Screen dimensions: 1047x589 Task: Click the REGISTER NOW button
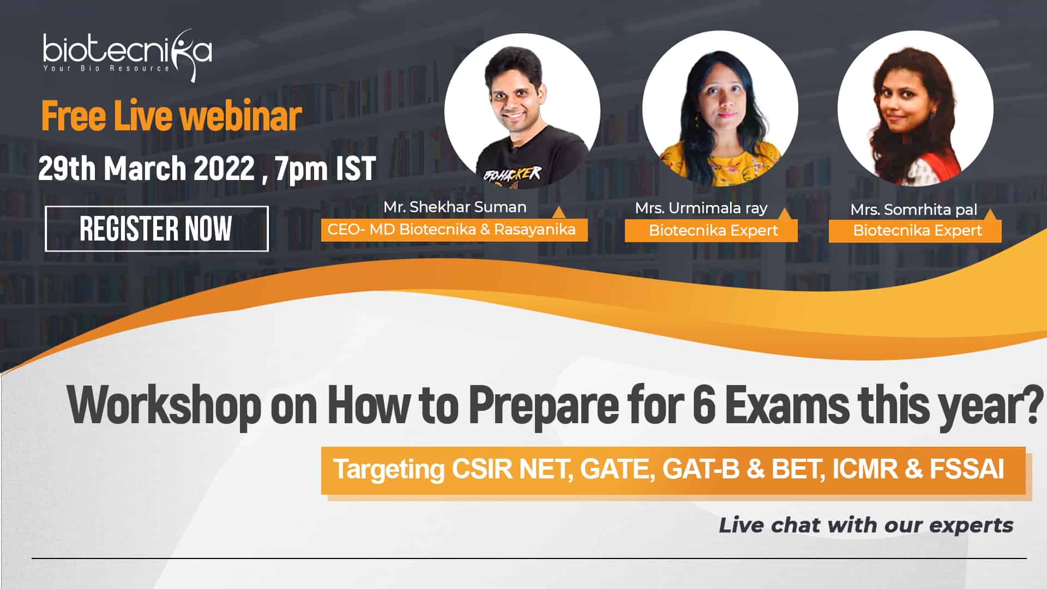click(157, 229)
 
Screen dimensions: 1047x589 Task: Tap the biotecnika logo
click(128, 55)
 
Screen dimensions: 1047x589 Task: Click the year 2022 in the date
click(224, 168)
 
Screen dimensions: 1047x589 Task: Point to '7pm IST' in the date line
click(326, 169)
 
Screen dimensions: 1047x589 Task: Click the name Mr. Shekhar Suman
click(455, 207)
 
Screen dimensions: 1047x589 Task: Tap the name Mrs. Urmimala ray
click(701, 208)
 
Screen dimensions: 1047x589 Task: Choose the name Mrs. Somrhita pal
click(914, 210)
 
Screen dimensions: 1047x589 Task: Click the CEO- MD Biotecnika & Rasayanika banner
click(454, 230)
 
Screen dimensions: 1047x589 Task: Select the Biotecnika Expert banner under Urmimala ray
click(711, 231)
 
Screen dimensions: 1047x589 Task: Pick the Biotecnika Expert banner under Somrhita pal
click(915, 231)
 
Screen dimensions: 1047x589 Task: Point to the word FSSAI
click(967, 469)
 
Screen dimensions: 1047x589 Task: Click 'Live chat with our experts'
click(866, 525)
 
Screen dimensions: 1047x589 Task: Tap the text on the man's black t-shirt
click(513, 175)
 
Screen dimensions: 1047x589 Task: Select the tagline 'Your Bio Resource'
click(107, 69)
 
